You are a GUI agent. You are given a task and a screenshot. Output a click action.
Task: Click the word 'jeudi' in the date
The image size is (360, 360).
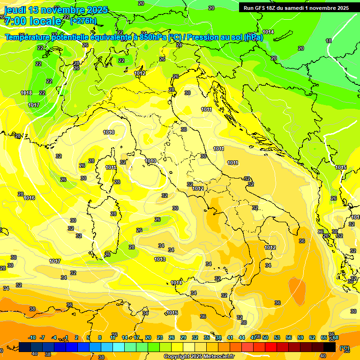pyautogui.click(x=15, y=10)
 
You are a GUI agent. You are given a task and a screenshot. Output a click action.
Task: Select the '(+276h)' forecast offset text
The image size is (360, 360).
pyautogui.click(x=83, y=21)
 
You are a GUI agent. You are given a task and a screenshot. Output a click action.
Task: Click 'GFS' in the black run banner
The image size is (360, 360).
pyautogui.click(x=263, y=8)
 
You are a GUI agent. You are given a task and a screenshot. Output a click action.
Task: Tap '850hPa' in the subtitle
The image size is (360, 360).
pyautogui.click(x=153, y=37)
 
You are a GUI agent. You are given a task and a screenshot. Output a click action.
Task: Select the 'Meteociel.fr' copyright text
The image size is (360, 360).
pyautogui.click(x=218, y=357)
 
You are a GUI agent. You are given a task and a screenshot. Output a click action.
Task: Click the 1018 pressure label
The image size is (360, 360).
pyautogui.click(x=26, y=93)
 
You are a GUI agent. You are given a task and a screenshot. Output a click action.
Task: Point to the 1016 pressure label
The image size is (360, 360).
pyautogui.click(x=29, y=198)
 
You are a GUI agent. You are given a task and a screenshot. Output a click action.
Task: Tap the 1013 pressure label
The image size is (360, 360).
pyautogui.click(x=160, y=259)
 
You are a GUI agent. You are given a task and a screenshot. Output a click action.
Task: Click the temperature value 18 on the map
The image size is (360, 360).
pyautogui.click(x=329, y=41)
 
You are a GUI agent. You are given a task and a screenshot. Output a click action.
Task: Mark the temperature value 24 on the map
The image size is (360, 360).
pyautogui.click(x=179, y=45)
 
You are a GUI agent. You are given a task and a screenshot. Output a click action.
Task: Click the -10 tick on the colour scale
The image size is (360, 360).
pyautogui.click(x=32, y=338)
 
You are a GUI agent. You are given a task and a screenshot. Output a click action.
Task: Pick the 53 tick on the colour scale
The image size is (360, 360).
pyautogui.click(x=277, y=338)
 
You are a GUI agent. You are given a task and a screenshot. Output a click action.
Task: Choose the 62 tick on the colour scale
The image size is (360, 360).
pyautogui.click(x=312, y=338)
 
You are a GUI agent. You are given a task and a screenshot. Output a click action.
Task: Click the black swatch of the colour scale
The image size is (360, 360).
pyautogui.click(x=330, y=347)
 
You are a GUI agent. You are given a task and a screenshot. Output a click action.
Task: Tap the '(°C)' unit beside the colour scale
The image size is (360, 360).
pyautogui.click(x=345, y=348)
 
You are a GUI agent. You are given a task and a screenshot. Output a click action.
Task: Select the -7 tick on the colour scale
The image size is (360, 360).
pyautogui.click(x=42, y=338)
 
